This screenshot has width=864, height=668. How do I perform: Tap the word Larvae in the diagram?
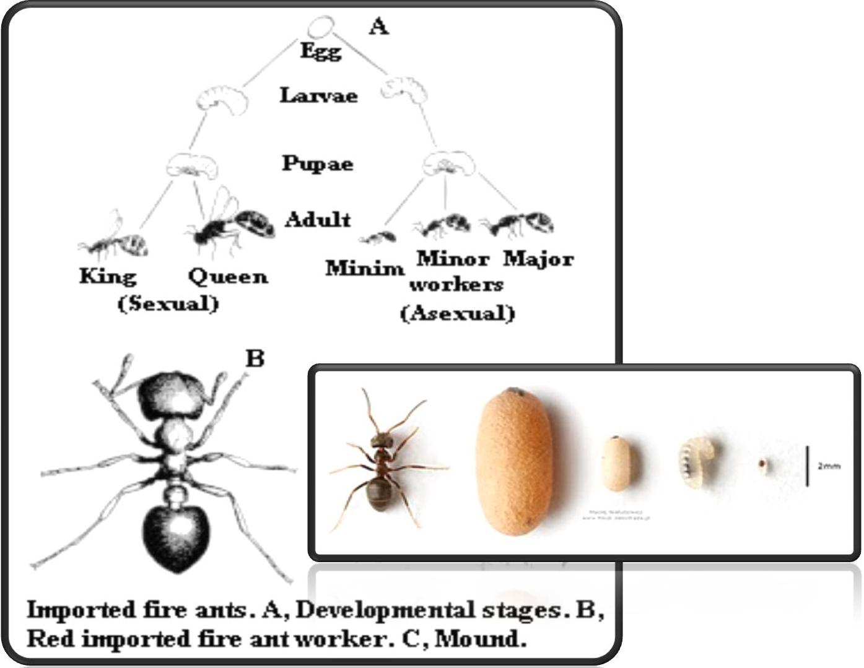point(318,95)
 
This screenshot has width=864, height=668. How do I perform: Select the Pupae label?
point(318,163)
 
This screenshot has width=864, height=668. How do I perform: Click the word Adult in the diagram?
point(318,219)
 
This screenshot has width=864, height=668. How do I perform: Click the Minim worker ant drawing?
point(377,238)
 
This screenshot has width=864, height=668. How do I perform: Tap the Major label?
point(538,258)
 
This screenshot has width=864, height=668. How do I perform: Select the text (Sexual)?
point(168,304)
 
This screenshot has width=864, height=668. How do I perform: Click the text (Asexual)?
point(457,313)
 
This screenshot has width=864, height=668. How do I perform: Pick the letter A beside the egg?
point(378,27)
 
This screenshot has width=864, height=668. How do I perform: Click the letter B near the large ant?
point(255,358)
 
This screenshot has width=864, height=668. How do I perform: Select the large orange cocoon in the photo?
point(515,461)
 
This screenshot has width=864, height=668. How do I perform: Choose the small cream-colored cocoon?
point(617,464)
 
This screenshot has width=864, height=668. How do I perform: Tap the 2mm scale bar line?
point(806,465)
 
